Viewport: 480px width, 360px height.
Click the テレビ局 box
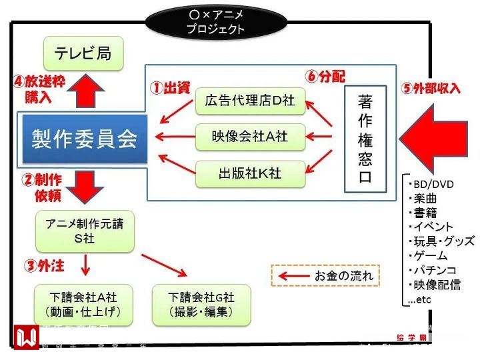83,53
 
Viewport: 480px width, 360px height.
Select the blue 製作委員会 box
84,139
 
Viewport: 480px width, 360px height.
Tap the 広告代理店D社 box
250,101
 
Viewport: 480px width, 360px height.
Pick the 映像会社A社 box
250,137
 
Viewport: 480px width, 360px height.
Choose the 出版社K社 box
250,173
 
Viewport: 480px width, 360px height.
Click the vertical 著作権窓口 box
365,139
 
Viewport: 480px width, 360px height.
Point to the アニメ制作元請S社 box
84,231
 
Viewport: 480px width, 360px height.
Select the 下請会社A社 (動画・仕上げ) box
83,304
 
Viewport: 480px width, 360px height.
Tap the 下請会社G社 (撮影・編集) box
201,304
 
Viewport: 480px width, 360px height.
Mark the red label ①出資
169,87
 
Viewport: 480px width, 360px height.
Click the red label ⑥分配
326,75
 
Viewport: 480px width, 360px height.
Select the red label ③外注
45,266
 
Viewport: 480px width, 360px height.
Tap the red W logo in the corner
26,337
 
